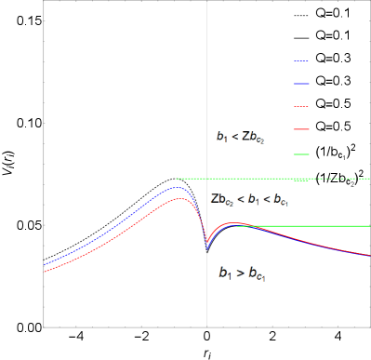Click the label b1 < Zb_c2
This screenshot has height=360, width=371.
[241, 137]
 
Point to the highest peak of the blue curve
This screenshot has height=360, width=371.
[176, 188]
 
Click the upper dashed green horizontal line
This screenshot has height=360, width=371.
[279, 179]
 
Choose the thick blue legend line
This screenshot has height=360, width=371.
[301, 84]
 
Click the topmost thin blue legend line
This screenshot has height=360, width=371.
[301, 61]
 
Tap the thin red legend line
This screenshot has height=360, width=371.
[301, 106]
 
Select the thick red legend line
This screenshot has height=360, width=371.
[301, 129]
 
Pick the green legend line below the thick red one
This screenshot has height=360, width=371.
[301, 153]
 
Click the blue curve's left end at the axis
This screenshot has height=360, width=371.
[44, 265]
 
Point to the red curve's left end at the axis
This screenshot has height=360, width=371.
[44, 272]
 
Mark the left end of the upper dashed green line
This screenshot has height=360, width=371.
[177, 179]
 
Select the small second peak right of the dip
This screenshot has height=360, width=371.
[234, 224]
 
